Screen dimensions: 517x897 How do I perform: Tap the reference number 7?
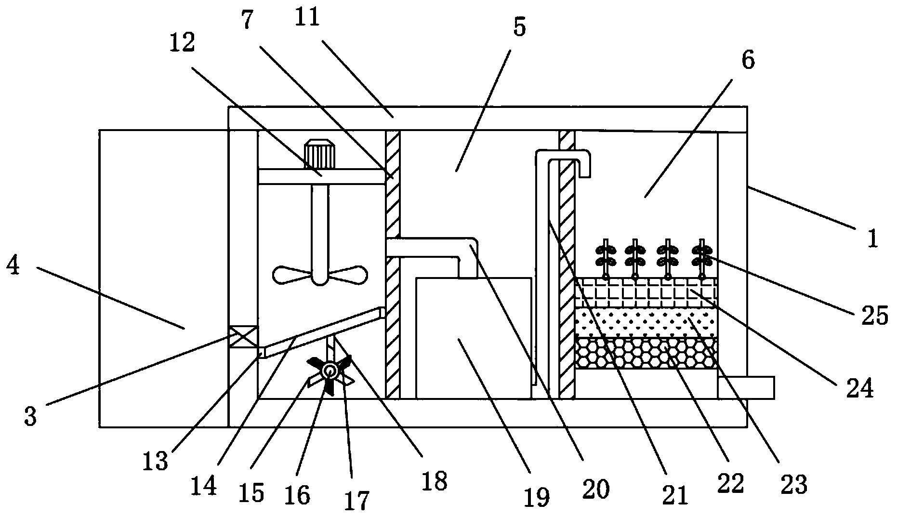click(x=247, y=21)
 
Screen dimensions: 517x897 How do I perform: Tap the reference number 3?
click(x=30, y=417)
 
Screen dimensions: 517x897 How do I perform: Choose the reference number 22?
click(x=730, y=482)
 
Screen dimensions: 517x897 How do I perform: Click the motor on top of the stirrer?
click(x=319, y=154)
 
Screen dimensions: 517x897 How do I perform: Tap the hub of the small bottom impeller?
click(x=330, y=371)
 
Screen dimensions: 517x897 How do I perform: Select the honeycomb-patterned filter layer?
click(x=646, y=353)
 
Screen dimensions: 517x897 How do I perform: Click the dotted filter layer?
click(x=646, y=322)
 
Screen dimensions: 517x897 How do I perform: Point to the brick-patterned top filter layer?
click(x=646, y=293)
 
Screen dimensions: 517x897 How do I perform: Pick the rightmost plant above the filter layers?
click(x=701, y=255)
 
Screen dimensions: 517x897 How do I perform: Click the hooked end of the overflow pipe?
click(x=584, y=166)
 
